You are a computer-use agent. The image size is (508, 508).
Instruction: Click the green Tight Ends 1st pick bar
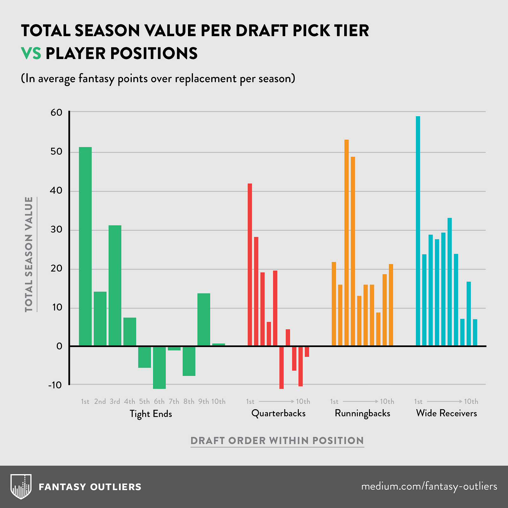pos(85,246)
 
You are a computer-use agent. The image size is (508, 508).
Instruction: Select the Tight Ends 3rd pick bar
pos(115,285)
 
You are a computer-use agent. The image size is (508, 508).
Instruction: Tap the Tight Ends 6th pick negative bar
pos(159,367)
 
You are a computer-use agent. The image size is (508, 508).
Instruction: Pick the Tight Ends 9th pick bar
pos(204,319)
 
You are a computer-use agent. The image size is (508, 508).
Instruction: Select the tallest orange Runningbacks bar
pos(346,243)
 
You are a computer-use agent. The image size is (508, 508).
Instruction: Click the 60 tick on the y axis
pos(56,112)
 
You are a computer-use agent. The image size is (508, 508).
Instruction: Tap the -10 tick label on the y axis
pos(55,385)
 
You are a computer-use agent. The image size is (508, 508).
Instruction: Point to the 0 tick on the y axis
pos(59,346)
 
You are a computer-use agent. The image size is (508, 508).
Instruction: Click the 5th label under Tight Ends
pos(144,402)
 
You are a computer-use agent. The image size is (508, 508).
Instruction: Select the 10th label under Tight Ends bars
pos(218,402)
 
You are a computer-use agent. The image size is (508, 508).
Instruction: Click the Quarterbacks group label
pos(278,413)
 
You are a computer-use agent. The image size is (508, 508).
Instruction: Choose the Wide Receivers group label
pos(446,413)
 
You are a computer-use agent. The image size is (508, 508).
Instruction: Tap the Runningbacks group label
pos(363,413)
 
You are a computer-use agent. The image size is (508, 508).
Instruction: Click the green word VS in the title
pos(31,53)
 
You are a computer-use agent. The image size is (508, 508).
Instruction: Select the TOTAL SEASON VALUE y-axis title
pos(29,254)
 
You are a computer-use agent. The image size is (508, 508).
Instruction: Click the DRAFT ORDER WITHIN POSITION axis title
pos(277,441)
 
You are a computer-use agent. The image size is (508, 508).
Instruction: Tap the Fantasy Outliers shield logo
pos(21,486)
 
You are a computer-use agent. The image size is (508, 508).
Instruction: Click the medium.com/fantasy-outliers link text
pos(429,486)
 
